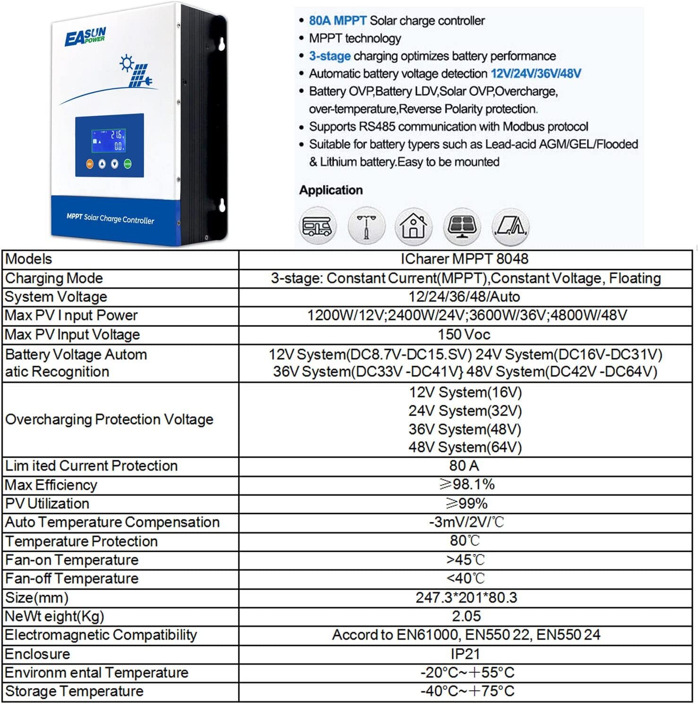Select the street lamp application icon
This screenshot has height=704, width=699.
[x=366, y=226]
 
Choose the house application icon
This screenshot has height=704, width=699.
[x=414, y=226]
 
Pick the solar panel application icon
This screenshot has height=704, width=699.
[x=462, y=226]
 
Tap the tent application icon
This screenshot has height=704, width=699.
[x=509, y=226]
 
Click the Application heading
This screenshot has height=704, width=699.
[x=331, y=190]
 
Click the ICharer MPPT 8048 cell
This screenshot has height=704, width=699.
[x=464, y=259]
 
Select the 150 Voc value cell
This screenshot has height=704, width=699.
[x=464, y=335]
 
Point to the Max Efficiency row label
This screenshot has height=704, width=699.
[x=51, y=485]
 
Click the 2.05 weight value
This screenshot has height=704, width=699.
[x=466, y=616]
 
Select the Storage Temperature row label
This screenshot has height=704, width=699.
[x=74, y=691]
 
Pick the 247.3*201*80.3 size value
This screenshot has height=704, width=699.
[x=466, y=598]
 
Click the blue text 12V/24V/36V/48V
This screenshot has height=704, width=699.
[x=535, y=74]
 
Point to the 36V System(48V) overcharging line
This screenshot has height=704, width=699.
[x=465, y=429]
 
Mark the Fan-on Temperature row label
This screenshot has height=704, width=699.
[x=72, y=560]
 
